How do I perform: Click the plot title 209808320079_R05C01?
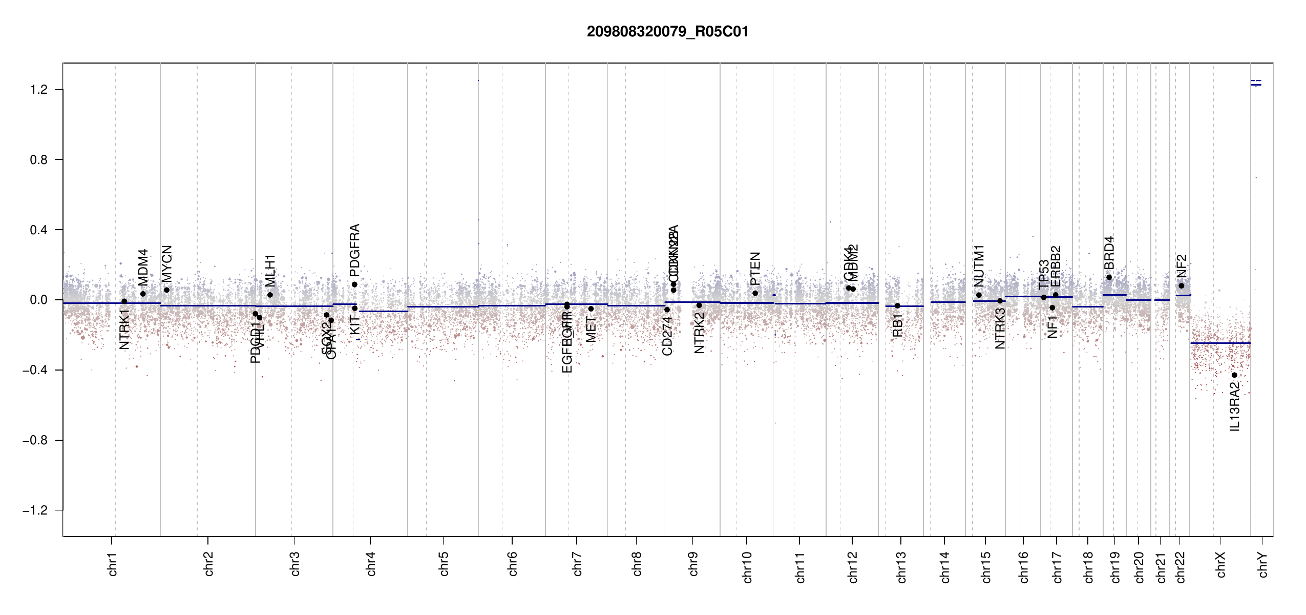point(667,32)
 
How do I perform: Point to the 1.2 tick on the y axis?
point(39,90)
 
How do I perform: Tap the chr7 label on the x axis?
point(577,564)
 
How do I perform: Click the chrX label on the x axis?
point(1220,564)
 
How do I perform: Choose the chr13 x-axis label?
point(901,567)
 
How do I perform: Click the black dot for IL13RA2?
point(1234,375)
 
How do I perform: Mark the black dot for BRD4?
point(1109,278)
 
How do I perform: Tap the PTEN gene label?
point(755,269)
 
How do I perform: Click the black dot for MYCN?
point(166,290)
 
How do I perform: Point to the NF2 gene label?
point(1181,266)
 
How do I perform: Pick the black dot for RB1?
point(897,306)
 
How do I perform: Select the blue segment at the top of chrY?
point(1256,85)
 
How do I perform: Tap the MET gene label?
point(591,330)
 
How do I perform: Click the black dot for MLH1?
point(270,295)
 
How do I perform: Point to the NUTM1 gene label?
point(979,266)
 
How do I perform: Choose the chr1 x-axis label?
point(113,564)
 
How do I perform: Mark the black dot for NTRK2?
point(699,305)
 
